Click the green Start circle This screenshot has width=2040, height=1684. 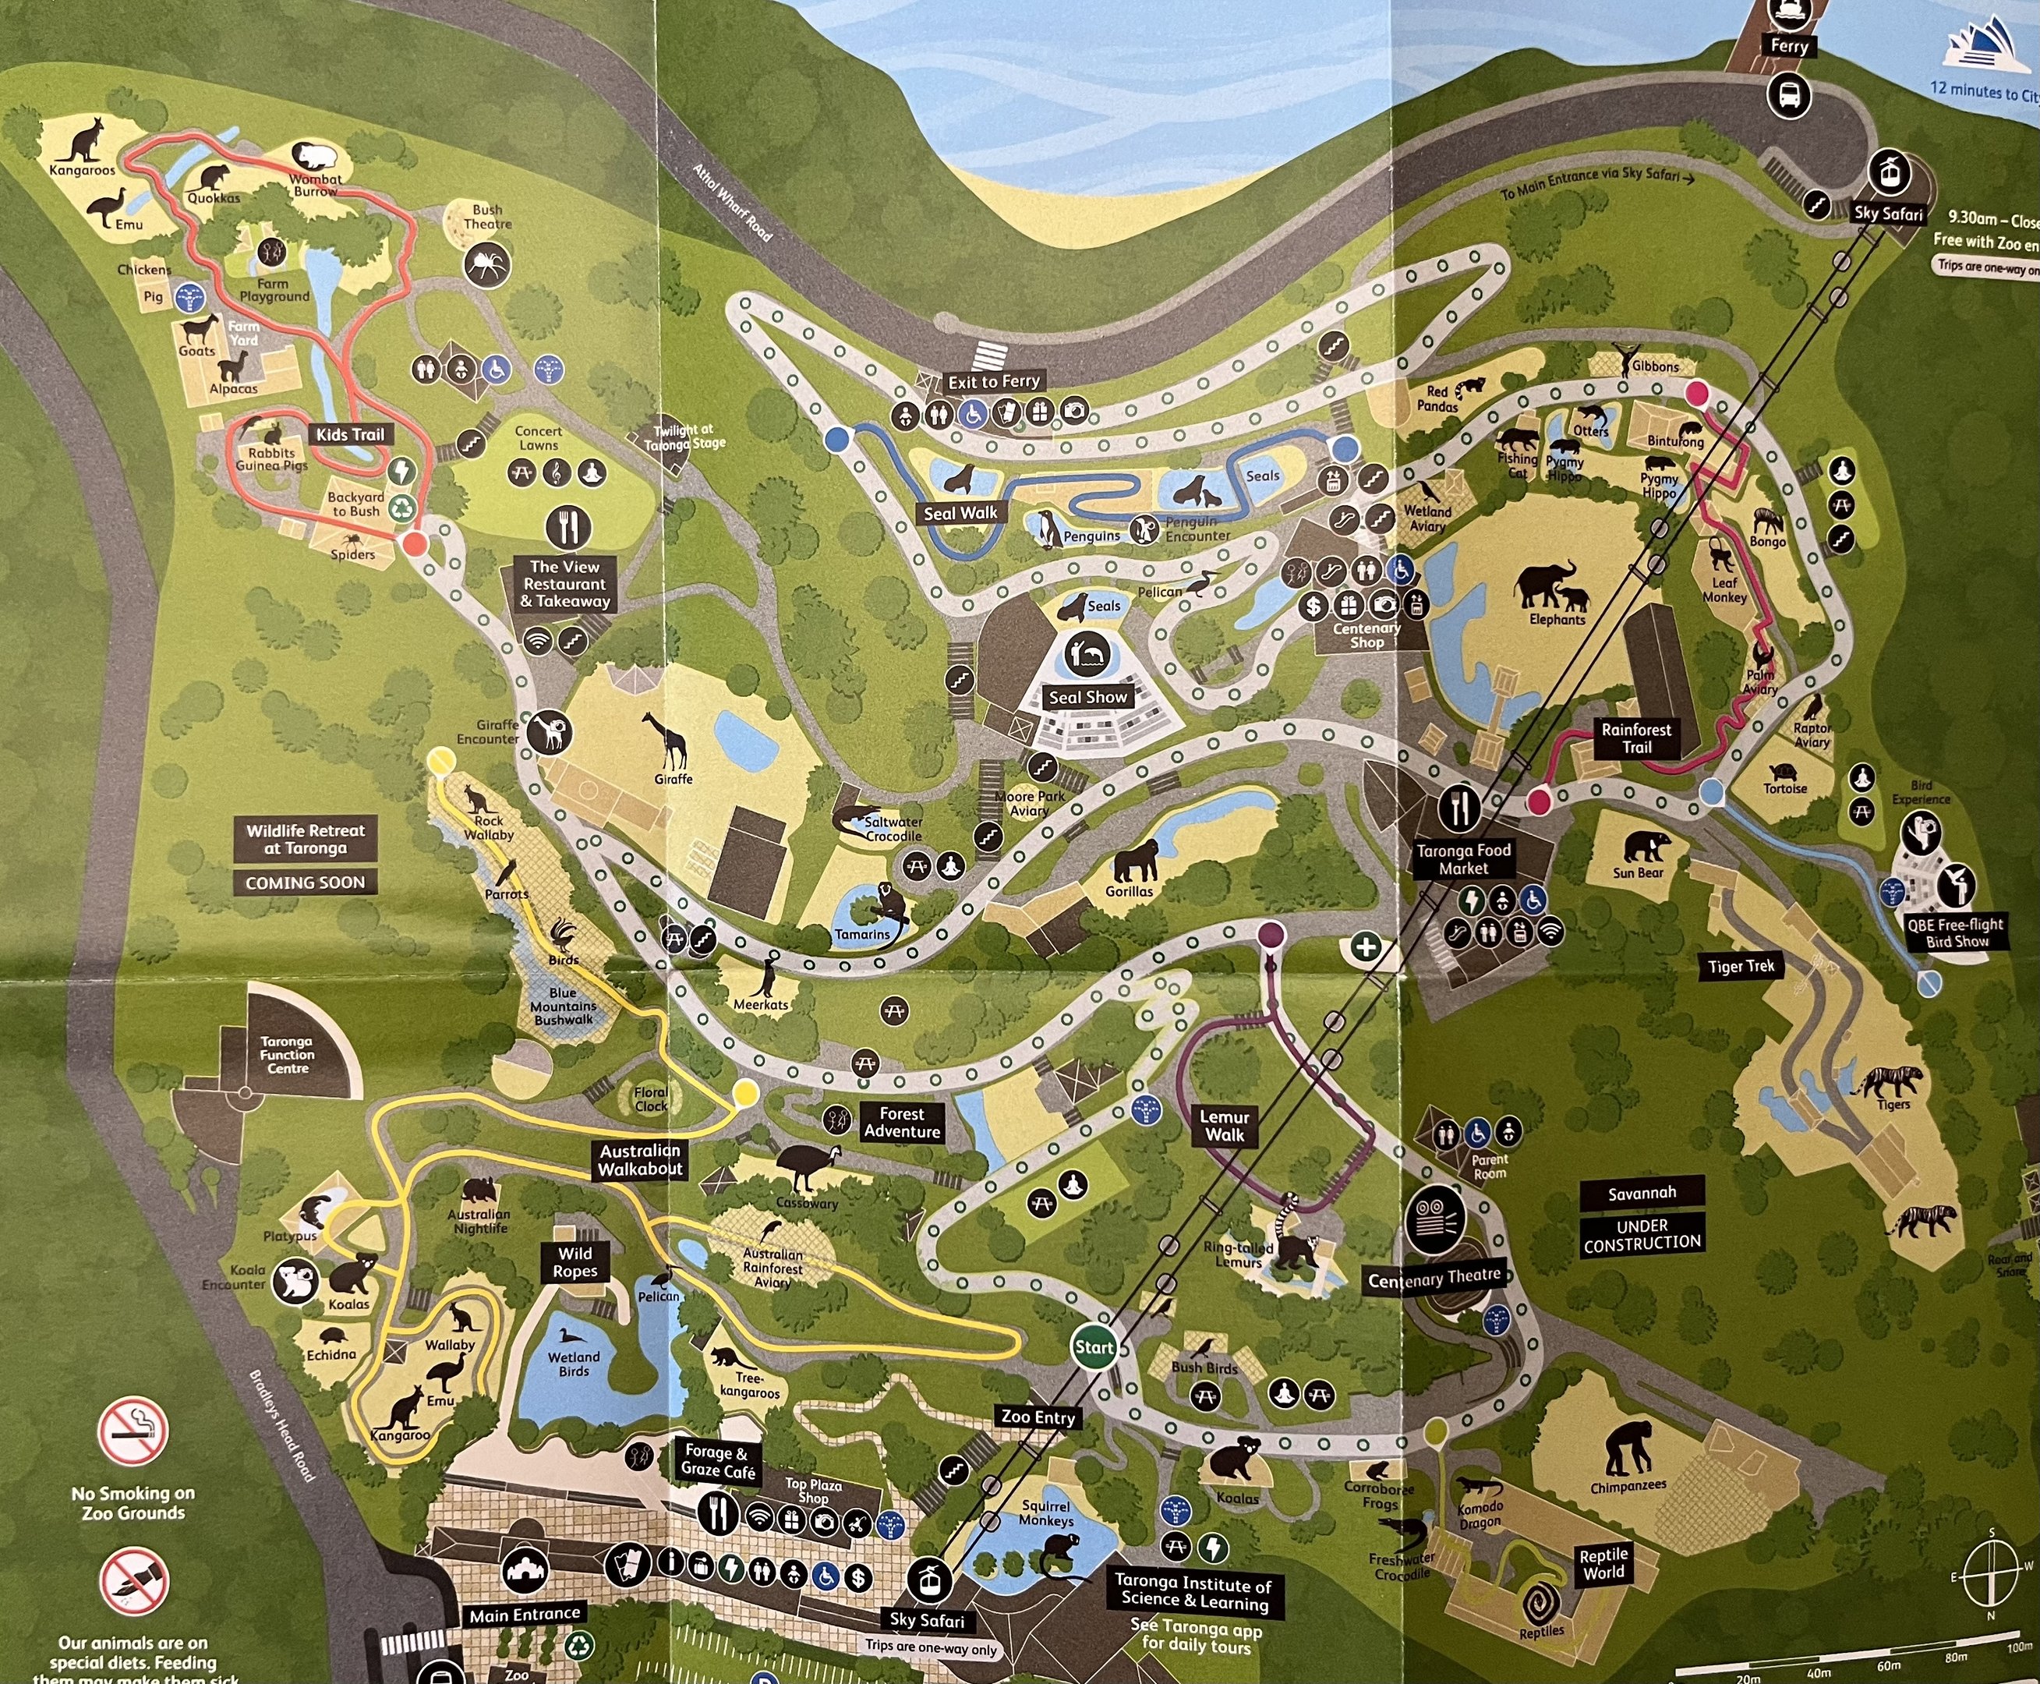tap(1093, 1346)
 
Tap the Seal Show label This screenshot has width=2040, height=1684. tap(1087, 696)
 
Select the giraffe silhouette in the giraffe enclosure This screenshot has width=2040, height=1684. tap(671, 740)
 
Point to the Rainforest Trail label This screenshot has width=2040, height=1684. tap(1636, 738)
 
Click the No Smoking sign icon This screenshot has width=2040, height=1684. tap(133, 1431)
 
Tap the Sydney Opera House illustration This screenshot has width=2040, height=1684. tap(1985, 48)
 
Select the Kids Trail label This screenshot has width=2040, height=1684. tap(349, 434)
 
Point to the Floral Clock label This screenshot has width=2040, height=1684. tap(651, 1099)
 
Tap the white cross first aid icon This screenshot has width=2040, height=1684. tap(1366, 946)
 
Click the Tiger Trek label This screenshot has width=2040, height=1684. tap(1741, 966)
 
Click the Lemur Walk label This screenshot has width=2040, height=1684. tap(1224, 1125)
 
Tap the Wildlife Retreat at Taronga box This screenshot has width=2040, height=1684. tap(305, 839)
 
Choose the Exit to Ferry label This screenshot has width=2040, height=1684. tap(993, 381)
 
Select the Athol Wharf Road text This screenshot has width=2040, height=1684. tap(733, 202)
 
